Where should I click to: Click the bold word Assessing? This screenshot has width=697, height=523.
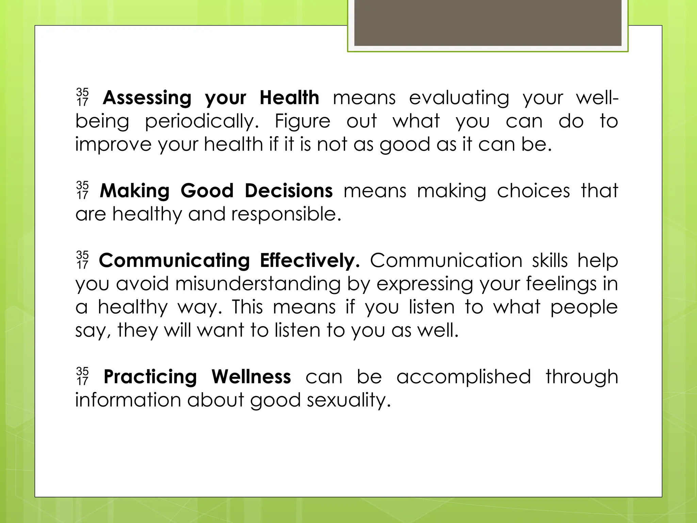click(x=147, y=98)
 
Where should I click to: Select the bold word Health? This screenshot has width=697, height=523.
click(x=289, y=98)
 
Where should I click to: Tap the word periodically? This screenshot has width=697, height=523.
click(x=202, y=122)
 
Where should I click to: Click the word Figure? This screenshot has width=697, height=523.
click(x=302, y=122)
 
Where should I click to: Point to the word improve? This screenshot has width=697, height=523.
click(x=113, y=145)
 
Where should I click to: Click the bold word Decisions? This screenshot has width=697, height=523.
click(x=289, y=191)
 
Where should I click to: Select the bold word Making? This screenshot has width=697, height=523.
click(x=134, y=191)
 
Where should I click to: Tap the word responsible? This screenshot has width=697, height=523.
click(x=286, y=214)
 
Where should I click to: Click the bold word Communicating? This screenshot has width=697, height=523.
click(x=174, y=261)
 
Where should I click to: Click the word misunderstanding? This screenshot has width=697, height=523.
click(x=258, y=284)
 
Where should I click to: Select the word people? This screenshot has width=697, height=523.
click(x=584, y=307)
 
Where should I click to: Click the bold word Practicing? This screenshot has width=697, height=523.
click(x=150, y=377)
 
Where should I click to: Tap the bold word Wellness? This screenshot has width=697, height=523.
click(x=251, y=377)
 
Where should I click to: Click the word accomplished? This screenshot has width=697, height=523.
click(x=464, y=377)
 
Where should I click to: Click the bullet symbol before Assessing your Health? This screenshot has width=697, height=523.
click(x=82, y=97)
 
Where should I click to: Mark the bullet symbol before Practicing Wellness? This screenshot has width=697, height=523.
click(x=82, y=376)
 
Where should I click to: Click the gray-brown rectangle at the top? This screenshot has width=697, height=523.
click(x=488, y=22)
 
